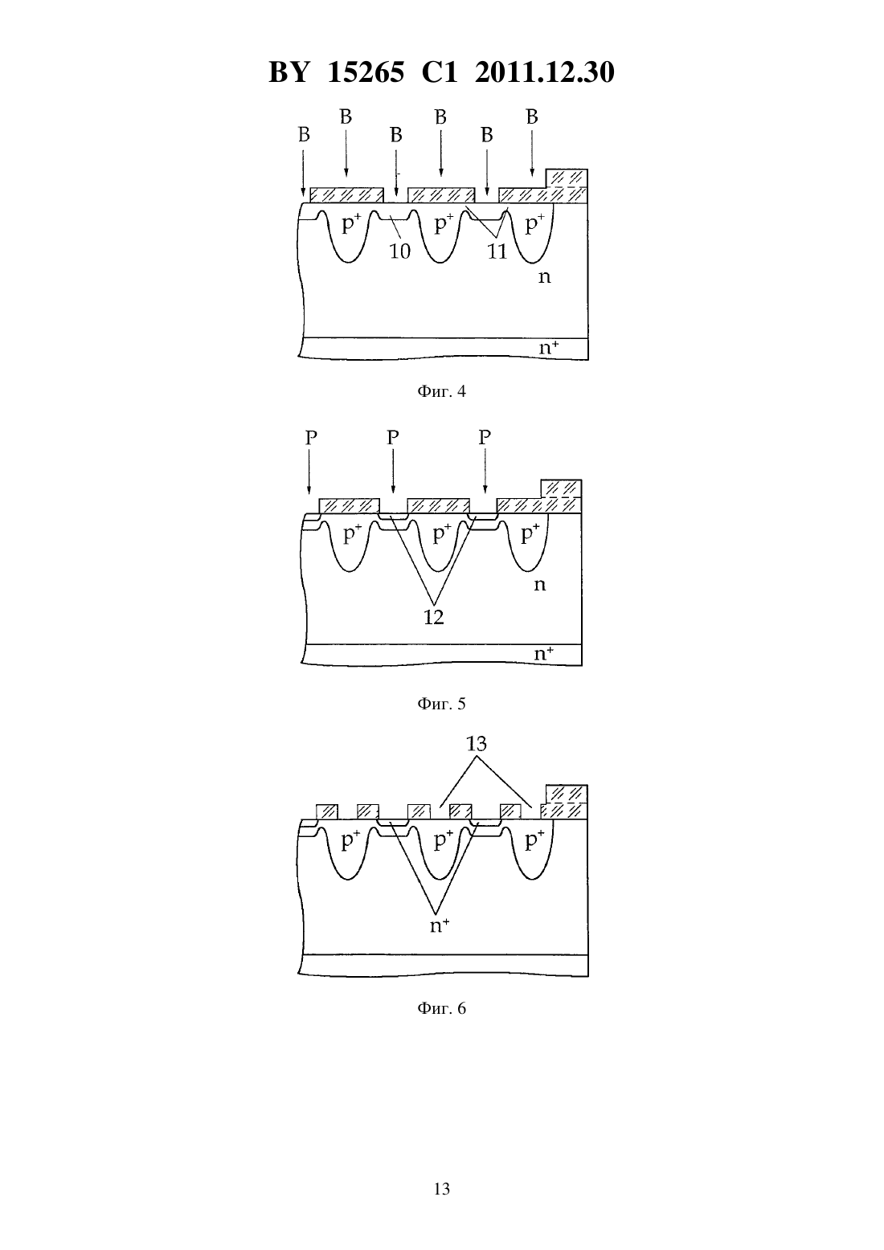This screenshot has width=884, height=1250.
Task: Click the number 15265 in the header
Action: (366, 72)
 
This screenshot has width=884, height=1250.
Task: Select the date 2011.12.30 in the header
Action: (545, 72)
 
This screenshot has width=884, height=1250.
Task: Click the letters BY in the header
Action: (289, 72)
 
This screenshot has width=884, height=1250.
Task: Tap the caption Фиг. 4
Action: (441, 391)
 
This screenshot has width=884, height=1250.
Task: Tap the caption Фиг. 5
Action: (441, 704)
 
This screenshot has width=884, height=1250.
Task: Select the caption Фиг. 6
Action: (441, 1008)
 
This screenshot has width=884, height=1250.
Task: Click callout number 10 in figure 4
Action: (399, 251)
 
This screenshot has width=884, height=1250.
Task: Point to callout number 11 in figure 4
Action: (497, 251)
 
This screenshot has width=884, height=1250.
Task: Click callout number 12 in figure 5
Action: (434, 617)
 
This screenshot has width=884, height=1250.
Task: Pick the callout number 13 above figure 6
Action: (477, 744)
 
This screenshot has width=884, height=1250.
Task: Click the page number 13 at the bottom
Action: (441, 1189)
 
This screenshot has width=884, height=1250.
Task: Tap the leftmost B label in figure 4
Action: (304, 134)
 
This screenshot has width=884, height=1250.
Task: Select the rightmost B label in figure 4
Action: (532, 117)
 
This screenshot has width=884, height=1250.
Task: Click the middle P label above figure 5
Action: (393, 438)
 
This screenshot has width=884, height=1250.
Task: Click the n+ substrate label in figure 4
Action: (549, 348)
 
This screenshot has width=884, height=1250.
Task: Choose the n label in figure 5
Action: (540, 585)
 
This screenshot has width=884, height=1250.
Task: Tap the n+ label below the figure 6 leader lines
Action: (440, 926)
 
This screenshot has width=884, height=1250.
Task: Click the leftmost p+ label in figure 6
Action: (350, 840)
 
